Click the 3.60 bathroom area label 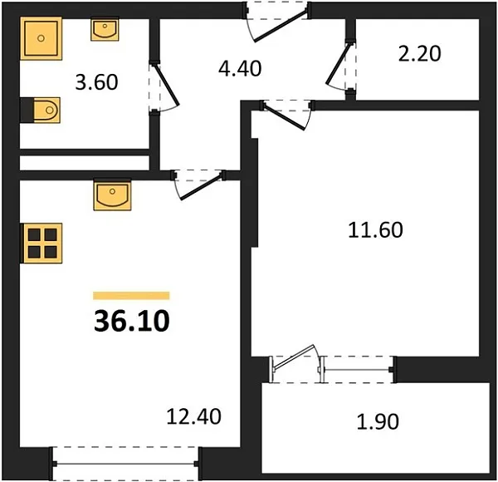(96, 81)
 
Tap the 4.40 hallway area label (240, 68)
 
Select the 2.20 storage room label (419, 53)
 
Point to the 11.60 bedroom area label (375, 230)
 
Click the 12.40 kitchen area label (193, 416)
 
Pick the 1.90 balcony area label (378, 421)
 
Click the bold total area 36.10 (132, 321)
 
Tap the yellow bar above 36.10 (131, 296)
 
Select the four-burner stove (41, 243)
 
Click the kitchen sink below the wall (112, 195)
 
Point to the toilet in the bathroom (41, 110)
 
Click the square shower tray (41, 38)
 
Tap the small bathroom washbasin (105, 29)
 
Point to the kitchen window (126, 464)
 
